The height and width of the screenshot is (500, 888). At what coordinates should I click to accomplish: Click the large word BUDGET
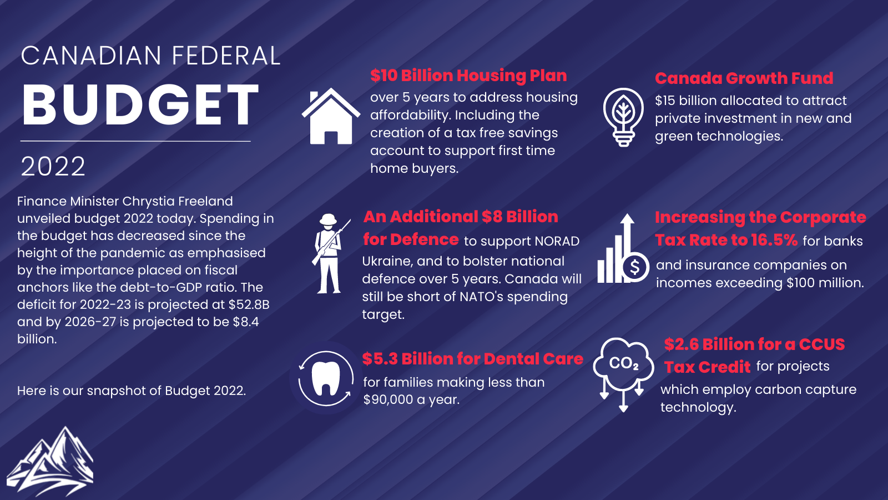(x=140, y=105)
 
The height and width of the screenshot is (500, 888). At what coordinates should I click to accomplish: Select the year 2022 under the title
(x=53, y=166)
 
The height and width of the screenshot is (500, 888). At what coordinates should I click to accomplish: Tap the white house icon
(x=331, y=117)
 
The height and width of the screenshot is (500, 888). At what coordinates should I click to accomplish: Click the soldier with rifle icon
(x=330, y=253)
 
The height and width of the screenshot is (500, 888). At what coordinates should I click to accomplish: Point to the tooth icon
(x=326, y=378)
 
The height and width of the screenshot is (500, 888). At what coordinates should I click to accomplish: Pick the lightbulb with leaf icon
(x=623, y=117)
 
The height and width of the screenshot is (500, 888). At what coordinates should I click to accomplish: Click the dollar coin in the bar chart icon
(x=635, y=267)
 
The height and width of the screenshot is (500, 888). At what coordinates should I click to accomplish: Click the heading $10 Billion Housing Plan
(x=468, y=76)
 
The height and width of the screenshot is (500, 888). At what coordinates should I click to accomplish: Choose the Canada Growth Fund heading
(x=744, y=78)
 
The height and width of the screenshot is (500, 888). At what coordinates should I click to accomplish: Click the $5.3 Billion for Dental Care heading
(x=472, y=359)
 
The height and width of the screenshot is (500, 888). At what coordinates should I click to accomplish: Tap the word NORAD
(x=557, y=241)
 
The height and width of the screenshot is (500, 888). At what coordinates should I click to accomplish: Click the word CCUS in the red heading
(x=821, y=344)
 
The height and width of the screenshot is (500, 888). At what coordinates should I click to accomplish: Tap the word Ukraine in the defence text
(x=387, y=261)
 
